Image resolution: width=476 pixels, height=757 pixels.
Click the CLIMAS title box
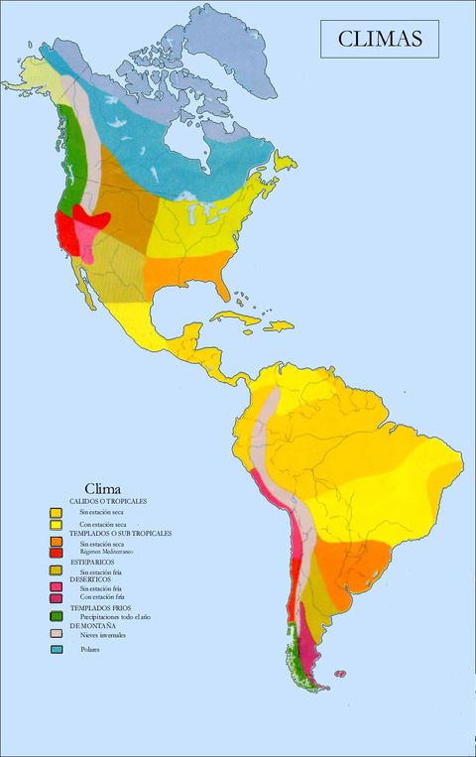pyautogui.click(x=380, y=40)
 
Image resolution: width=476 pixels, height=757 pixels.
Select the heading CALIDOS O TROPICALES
pyautogui.click(x=107, y=502)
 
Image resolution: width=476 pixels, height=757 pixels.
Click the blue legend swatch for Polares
pyautogui.click(x=58, y=650)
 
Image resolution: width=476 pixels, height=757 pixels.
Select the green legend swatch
pyautogui.click(x=58, y=616)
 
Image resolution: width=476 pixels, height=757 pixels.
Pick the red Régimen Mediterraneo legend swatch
pyautogui.click(x=58, y=552)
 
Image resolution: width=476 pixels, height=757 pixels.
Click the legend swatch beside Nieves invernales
pyautogui.click(x=58, y=633)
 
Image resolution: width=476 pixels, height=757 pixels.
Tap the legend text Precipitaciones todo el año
pyautogui.click(x=117, y=616)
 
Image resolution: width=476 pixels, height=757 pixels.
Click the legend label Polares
pyautogui.click(x=93, y=650)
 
